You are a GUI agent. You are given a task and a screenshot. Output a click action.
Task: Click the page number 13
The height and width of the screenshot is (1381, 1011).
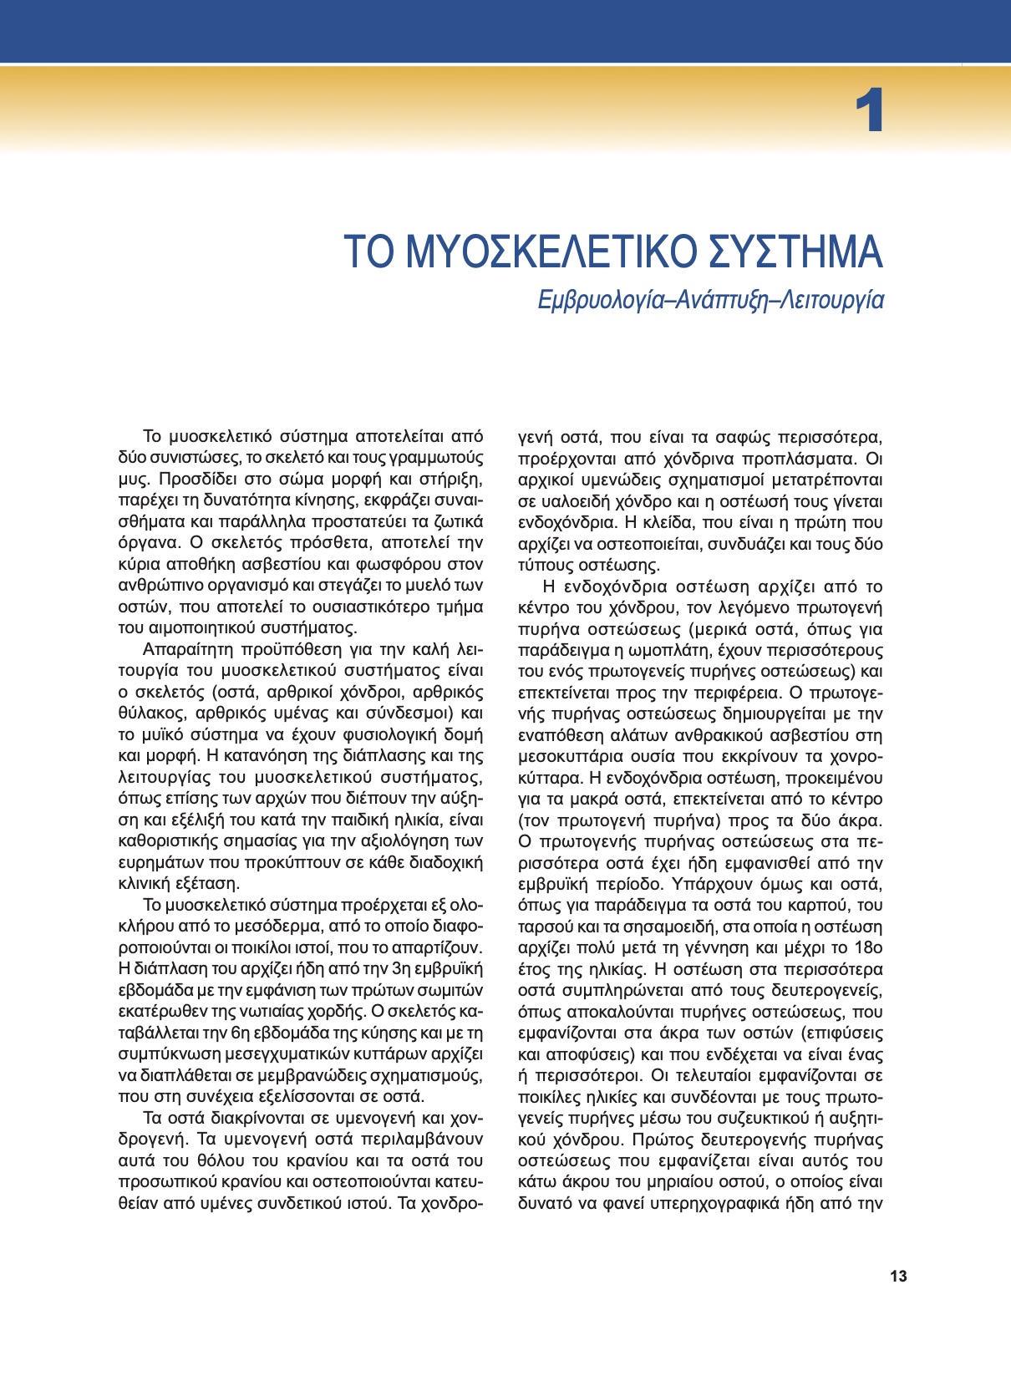[898, 1277]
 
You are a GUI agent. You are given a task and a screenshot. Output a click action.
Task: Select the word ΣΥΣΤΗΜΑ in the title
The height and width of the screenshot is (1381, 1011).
[795, 251]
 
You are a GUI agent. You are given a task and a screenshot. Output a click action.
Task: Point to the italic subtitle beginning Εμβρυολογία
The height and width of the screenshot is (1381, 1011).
[710, 300]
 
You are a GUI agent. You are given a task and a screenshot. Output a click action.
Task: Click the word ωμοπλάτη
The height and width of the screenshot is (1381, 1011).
[657, 650]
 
